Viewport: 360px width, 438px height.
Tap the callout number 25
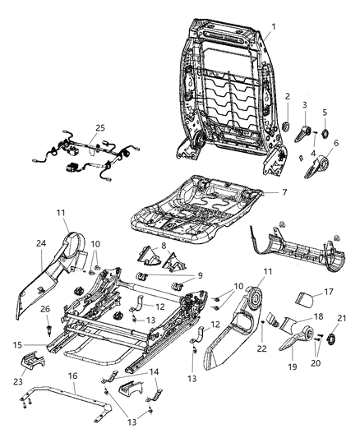pos(100,128)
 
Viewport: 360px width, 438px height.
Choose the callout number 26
pos(46,310)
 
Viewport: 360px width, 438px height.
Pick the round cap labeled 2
pos(288,125)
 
